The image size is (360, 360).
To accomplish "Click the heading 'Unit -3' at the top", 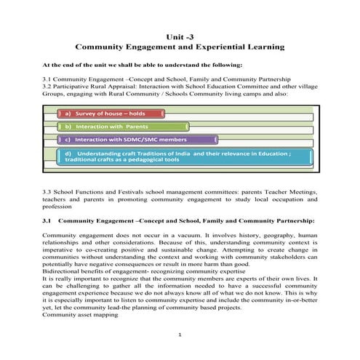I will [180, 36].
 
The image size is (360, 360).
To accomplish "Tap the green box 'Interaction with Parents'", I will [122, 127].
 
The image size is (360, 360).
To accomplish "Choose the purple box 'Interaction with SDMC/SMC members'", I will [137, 139].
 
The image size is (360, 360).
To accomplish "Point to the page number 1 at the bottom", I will [180, 334].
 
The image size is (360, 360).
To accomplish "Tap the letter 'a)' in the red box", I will [68, 113].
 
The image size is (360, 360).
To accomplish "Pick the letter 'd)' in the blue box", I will [68, 153].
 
